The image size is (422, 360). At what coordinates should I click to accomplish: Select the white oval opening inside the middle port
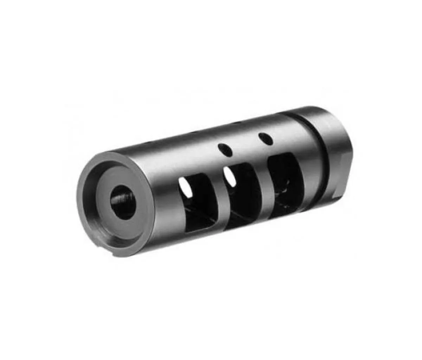tap(229, 176)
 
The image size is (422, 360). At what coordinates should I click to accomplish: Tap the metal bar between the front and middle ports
tap(218, 200)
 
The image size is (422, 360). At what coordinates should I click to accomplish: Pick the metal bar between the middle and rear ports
tap(262, 186)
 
